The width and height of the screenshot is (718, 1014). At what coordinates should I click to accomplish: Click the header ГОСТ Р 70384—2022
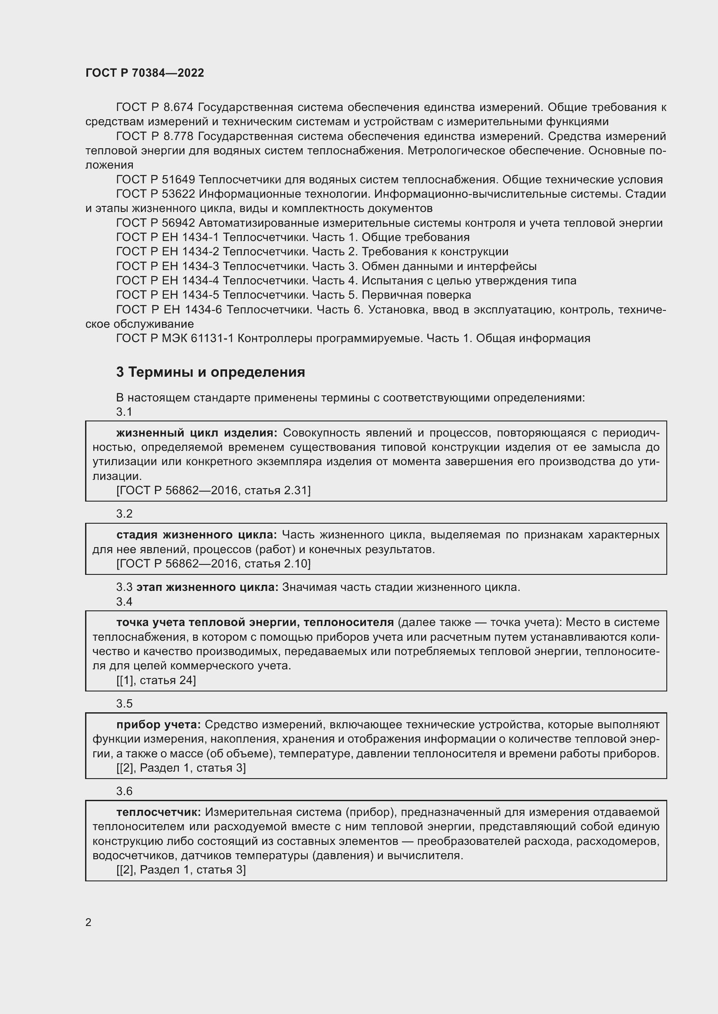click(x=145, y=73)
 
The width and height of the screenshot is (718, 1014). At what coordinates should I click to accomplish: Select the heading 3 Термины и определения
click(x=211, y=372)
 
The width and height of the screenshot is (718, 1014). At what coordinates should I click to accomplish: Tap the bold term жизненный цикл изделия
click(x=197, y=433)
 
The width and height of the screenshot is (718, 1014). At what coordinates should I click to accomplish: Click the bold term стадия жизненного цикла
click(x=197, y=535)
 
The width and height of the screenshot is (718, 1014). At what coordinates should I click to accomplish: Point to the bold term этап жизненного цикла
click(x=207, y=587)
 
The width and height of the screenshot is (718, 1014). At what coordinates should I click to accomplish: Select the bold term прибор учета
click(x=159, y=725)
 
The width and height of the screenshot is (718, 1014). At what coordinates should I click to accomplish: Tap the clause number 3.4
click(x=124, y=602)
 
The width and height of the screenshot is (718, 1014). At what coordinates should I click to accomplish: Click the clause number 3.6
click(x=124, y=791)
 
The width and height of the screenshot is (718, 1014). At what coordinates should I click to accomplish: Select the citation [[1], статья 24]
click(x=156, y=680)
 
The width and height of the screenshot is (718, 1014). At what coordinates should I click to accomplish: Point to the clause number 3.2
click(x=124, y=514)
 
